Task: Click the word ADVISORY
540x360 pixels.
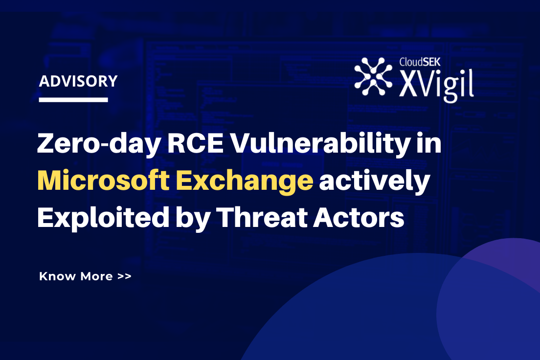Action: tap(78, 81)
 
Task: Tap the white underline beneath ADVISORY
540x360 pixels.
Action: tap(73, 100)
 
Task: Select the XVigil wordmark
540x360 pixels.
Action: tap(435, 85)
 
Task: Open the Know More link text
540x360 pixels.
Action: tap(76, 276)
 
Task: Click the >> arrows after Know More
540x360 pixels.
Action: tap(124, 276)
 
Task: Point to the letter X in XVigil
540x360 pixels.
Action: tap(409, 86)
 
